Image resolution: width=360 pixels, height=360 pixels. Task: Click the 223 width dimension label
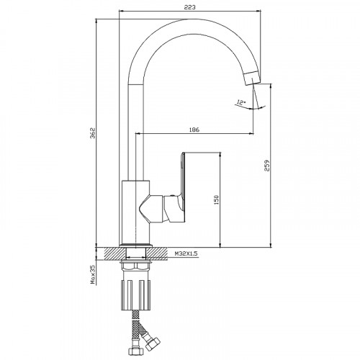click(189, 7)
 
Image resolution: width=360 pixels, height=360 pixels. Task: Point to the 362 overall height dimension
click(93, 132)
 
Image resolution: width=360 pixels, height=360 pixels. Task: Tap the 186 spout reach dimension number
click(194, 130)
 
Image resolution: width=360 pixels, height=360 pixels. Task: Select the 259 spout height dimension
click(267, 166)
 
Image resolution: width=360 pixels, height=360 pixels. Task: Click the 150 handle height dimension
click(216, 199)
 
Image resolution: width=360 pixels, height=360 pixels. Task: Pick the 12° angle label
click(241, 102)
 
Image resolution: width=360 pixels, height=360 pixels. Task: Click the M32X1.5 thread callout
click(186, 253)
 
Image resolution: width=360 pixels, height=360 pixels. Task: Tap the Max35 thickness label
click(93, 274)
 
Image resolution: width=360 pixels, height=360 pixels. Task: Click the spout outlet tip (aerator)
click(251, 78)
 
